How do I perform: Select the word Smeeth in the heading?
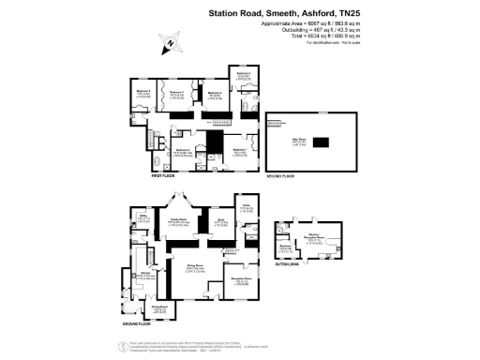pyautogui.click(x=265, y=12)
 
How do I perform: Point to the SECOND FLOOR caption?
pyautogui.click(x=282, y=173)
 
